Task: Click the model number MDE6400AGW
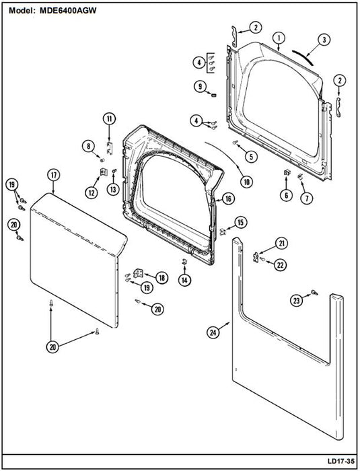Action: (x=68, y=11)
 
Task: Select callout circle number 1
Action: (x=279, y=38)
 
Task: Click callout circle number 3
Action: (x=324, y=40)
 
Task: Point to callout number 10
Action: (x=246, y=182)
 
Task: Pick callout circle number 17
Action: (x=54, y=175)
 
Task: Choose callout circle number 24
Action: (x=213, y=332)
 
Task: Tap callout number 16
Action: (x=228, y=198)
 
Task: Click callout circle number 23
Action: (x=297, y=300)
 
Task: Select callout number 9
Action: (x=200, y=87)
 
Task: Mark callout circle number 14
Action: (x=184, y=280)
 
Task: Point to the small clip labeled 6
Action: (x=287, y=172)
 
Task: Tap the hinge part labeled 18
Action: (x=138, y=273)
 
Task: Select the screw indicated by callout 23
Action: (x=315, y=292)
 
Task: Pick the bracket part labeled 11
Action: (x=110, y=148)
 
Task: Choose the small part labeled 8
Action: (x=102, y=159)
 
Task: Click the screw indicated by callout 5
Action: (x=235, y=143)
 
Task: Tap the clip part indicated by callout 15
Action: (x=223, y=231)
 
